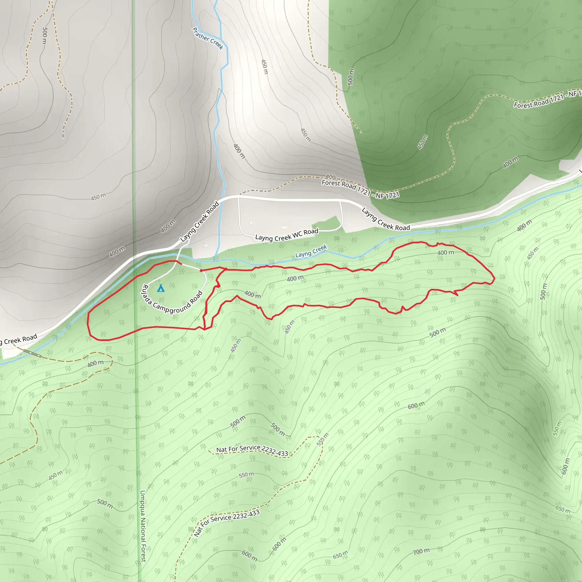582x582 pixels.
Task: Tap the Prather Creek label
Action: pos(208,38)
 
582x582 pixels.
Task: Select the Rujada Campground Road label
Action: pos(172,300)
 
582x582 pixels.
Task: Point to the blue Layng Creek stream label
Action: pos(311,251)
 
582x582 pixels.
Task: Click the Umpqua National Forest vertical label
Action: pos(143,526)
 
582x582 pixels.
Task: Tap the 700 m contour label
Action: pos(421,551)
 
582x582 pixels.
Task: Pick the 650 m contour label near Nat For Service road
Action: pos(340,555)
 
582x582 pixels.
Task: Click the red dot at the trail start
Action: pos(201,271)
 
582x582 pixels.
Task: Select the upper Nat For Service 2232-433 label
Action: pos(252,450)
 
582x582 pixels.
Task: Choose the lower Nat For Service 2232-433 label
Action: pos(226,523)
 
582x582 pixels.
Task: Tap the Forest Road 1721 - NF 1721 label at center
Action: pos(360,189)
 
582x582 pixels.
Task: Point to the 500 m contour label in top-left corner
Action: pos(45,35)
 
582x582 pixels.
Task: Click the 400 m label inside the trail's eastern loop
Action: pos(446,253)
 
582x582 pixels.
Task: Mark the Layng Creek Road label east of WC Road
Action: pos(386,219)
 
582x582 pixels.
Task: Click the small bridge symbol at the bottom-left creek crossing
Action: pos(32,353)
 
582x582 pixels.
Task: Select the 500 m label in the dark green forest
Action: pos(351,77)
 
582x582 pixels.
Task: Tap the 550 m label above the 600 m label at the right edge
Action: pos(557,428)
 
